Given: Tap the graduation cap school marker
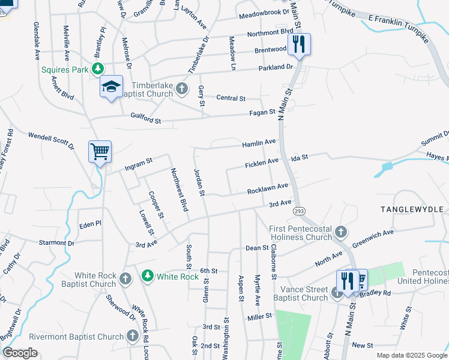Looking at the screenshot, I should click(x=111, y=86).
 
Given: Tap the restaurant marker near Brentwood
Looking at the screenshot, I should click(x=298, y=44).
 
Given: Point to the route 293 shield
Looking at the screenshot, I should click(x=298, y=211).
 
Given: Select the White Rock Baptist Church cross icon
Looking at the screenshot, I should click(x=125, y=278).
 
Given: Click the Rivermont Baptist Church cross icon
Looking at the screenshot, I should click(x=133, y=337).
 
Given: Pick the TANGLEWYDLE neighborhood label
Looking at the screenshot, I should click(x=414, y=209).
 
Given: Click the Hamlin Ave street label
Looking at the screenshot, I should click(x=259, y=143).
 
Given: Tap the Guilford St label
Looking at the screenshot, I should click(x=146, y=120).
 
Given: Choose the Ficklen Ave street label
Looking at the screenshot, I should click(x=262, y=163).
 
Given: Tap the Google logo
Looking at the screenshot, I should click(x=20, y=353).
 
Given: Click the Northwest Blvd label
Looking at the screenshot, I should click(x=179, y=189).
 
